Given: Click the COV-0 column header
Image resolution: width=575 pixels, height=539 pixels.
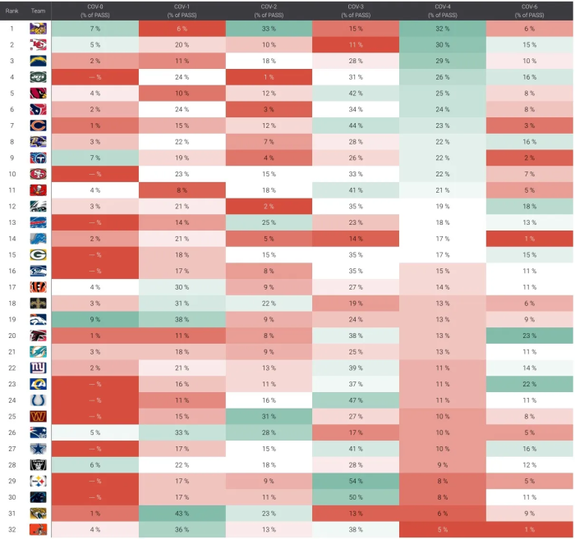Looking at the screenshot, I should tap(94, 11).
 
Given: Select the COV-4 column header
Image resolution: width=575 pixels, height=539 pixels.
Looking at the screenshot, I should tap(442, 11).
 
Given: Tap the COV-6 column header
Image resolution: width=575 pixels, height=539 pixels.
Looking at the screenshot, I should tap(530, 11).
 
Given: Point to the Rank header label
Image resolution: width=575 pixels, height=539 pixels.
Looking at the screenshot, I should tap(12, 11).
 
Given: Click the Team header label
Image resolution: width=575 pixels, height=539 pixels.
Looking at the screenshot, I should tap(38, 11).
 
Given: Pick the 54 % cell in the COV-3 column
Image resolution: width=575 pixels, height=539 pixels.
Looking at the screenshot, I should tap(356, 481).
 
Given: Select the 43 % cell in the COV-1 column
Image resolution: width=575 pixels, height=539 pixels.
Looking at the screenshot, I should tap(182, 513).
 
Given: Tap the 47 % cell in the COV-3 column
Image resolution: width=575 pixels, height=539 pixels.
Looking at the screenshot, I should tap(356, 400).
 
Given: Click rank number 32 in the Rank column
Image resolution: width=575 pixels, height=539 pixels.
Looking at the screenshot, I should tap(12, 529).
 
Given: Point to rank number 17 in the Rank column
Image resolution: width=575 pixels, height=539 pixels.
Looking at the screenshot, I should tap(12, 287).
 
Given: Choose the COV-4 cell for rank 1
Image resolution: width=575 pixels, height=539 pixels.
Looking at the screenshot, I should tap(442, 29).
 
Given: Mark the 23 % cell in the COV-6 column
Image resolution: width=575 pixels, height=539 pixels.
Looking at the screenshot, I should tap(530, 336).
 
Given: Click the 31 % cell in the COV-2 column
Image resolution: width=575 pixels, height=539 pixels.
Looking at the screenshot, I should tap(269, 416).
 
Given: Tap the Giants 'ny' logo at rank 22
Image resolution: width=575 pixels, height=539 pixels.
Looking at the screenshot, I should tap(38, 368).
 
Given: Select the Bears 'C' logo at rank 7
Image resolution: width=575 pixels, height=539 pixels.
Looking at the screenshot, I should tap(38, 126).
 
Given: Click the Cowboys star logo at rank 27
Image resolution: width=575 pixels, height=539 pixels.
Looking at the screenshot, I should tap(38, 449).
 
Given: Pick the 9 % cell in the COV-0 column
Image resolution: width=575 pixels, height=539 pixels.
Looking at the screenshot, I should tap(94, 319).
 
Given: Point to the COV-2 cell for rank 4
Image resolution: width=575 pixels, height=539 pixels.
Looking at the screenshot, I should tap(269, 77).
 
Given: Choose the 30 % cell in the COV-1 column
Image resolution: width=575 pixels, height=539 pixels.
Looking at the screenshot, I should tap(182, 287).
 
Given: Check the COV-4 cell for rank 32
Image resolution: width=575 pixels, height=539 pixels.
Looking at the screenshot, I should tap(442, 529).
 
